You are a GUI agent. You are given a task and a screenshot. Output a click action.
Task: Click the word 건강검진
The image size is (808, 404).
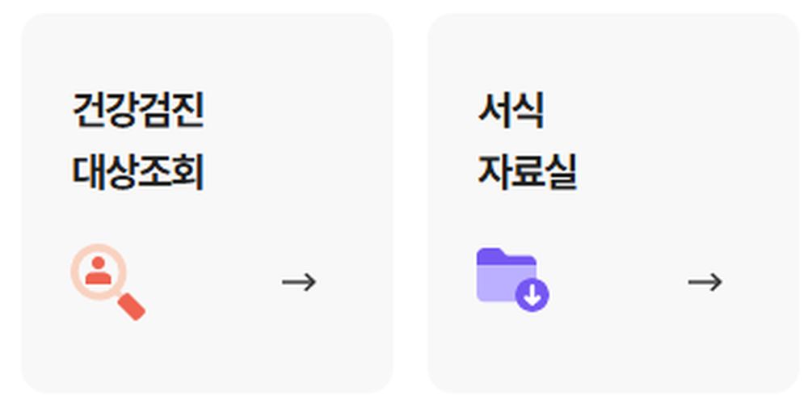tap(137, 111)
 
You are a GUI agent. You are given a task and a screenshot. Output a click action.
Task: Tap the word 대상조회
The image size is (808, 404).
tap(137, 171)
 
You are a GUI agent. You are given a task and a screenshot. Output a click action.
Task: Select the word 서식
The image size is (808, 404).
tap(511, 111)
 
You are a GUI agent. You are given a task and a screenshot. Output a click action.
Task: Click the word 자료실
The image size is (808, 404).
tap(527, 171)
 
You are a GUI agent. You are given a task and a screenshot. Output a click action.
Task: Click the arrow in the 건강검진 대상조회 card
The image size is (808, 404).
tap(299, 282)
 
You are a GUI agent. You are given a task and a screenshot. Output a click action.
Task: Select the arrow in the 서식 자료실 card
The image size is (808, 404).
tap(705, 282)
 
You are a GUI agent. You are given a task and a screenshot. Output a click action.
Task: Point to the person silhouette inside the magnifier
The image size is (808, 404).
tap(99, 270)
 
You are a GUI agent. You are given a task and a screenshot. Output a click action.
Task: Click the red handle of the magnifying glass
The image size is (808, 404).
tap(132, 305)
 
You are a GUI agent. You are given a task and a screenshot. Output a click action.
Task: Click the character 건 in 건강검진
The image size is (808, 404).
tap(89, 111)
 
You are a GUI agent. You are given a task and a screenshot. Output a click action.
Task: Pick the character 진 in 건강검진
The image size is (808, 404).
tap(187, 111)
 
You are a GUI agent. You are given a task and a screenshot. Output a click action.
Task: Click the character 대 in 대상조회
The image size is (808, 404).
tap(89, 171)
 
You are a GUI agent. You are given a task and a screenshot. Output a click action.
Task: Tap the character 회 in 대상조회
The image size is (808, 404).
tap(187, 171)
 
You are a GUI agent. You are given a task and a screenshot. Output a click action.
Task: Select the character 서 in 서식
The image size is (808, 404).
tap(494, 111)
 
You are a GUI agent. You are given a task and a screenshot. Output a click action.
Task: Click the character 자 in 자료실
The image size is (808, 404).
tap(494, 171)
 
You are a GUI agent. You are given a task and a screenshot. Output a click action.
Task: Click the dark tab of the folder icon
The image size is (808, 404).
tap(494, 255)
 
